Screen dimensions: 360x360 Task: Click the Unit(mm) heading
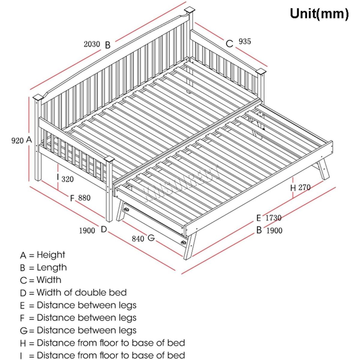point(319,14)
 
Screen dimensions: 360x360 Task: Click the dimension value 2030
point(92,44)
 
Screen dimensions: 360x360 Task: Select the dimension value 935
point(245,41)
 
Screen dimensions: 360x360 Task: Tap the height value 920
point(17,140)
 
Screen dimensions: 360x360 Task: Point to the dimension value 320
point(67,179)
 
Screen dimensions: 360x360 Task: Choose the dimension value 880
point(84,198)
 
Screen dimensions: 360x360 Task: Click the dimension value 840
point(138,239)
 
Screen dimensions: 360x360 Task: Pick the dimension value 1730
point(273,218)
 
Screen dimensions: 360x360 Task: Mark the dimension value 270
point(304,187)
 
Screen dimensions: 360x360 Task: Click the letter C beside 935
point(229,44)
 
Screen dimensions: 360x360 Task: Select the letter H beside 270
point(293,188)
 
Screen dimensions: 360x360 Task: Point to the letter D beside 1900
point(104,229)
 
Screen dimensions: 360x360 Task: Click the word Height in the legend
point(51,255)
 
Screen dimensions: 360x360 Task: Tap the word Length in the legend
point(52,267)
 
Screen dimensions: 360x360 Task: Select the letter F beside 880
point(72,198)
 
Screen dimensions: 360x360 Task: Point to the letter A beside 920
point(29,139)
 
